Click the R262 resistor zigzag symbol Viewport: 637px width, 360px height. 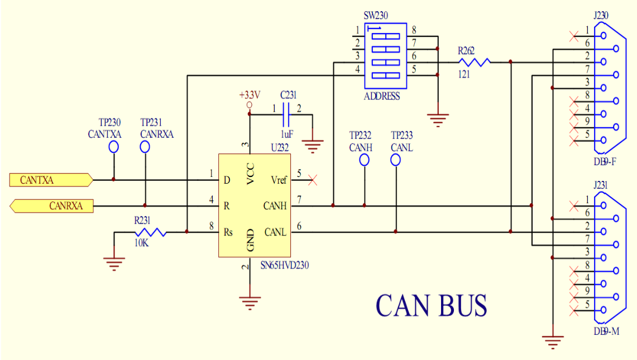pyautogui.click(x=474, y=62)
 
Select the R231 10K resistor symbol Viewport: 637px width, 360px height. pyautogui.click(x=150, y=232)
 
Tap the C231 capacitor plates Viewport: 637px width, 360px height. pyautogui.click(x=286, y=114)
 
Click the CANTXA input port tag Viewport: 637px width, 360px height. pyautogui.click(x=51, y=180)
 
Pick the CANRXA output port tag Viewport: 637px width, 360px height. pyautogui.click(x=51, y=206)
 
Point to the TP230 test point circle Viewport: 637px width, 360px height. pyautogui.click(x=114, y=147)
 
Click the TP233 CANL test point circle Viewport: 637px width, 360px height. pyautogui.click(x=395, y=160)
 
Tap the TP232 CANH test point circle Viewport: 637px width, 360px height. pyautogui.click(x=365, y=160)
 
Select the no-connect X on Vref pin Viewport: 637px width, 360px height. pyautogui.click(x=313, y=180)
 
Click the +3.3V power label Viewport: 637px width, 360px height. pyautogui.click(x=250, y=95)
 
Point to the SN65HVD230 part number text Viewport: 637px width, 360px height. pyautogui.click(x=284, y=265)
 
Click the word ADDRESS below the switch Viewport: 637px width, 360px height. pyautogui.click(x=382, y=97)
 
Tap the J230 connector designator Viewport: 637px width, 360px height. pyautogui.click(x=601, y=16)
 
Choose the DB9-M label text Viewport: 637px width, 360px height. pyautogui.click(x=606, y=332)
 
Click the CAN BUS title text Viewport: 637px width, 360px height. pyautogui.click(x=431, y=305)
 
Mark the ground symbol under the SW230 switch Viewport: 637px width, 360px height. pyautogui.click(x=438, y=121)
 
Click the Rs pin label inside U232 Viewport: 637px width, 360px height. pyautogui.click(x=228, y=232)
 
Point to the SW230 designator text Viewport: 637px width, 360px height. pyautogui.click(x=376, y=16)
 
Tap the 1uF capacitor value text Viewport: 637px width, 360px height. pyautogui.click(x=287, y=134)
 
